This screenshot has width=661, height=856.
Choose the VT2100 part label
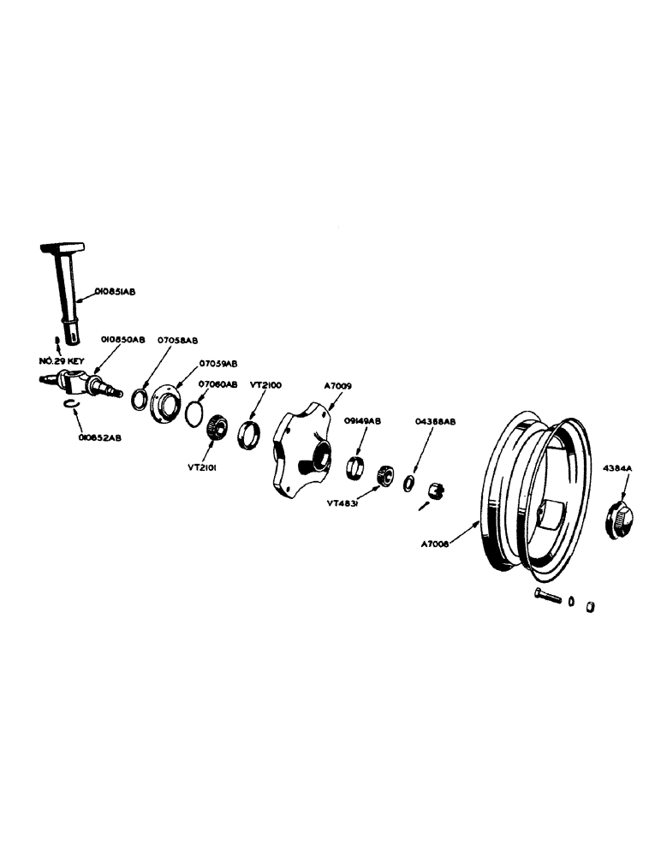265,385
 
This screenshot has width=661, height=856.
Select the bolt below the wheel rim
545,596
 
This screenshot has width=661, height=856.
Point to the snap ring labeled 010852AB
72,407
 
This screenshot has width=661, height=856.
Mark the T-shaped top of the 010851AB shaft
64,248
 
